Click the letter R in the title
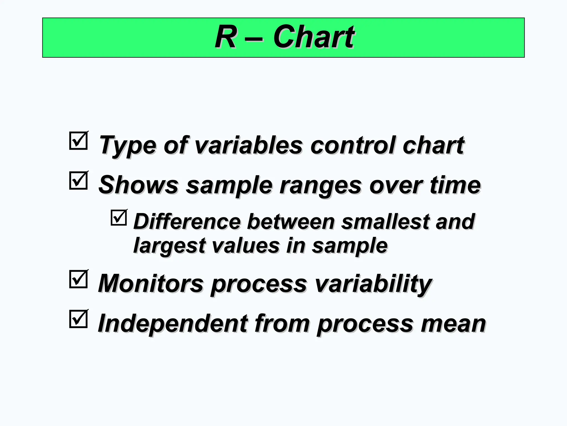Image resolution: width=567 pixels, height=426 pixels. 226,37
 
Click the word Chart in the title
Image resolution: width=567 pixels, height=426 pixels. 313,37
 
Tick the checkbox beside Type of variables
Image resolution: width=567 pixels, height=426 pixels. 78,141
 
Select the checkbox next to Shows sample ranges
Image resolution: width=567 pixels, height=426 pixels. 78,181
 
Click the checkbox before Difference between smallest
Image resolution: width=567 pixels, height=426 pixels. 119,218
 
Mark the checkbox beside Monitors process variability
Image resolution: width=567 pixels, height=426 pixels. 78,279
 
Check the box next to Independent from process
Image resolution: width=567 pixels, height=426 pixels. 78,319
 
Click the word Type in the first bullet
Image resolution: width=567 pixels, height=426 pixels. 127,146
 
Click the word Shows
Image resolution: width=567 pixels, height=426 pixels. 139,185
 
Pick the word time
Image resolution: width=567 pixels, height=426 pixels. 455,185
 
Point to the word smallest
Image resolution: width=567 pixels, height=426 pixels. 385,222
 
